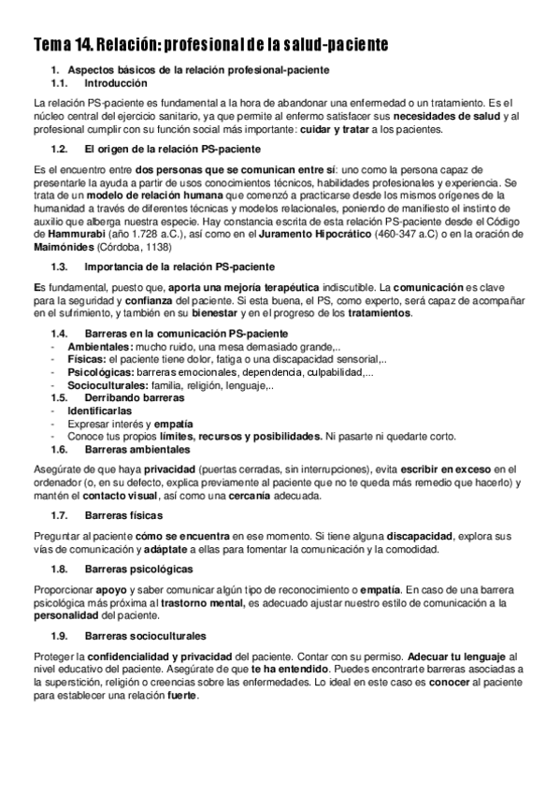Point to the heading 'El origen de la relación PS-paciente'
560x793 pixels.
click(x=171, y=150)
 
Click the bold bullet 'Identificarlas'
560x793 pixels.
click(x=99, y=411)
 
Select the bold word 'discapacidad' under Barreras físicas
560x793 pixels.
click(x=418, y=535)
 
